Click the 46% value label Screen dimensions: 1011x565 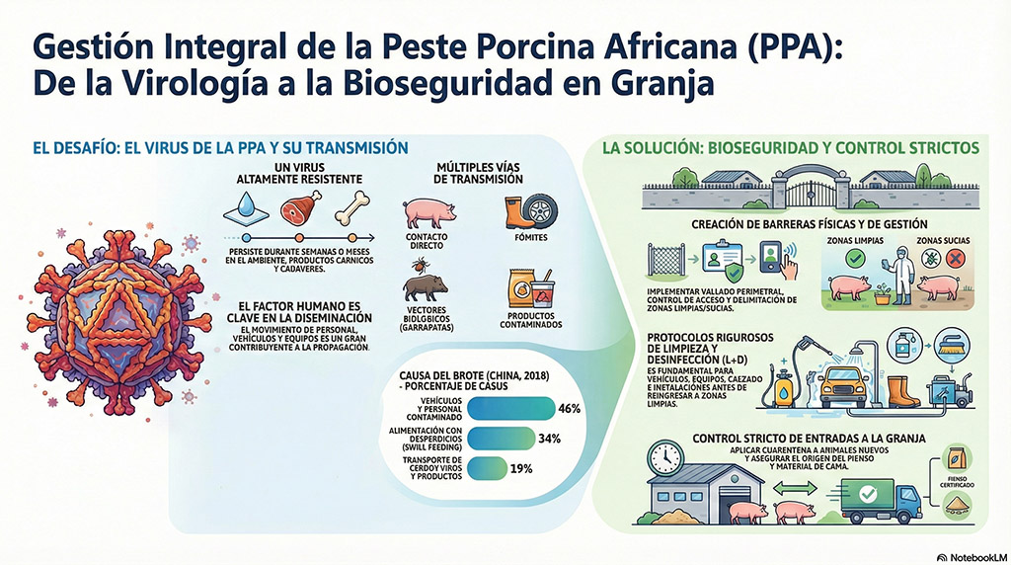(x=570, y=409)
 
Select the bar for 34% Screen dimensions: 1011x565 (x=501, y=439)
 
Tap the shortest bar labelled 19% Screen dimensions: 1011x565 (x=487, y=469)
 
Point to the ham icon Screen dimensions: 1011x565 (x=300, y=207)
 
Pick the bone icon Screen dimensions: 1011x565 (x=352, y=208)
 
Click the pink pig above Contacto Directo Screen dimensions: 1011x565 (x=429, y=212)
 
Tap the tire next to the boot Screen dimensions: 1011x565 (x=540, y=212)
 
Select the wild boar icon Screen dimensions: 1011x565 (x=425, y=287)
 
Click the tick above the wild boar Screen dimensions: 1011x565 (x=422, y=265)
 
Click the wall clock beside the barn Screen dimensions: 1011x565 (x=665, y=458)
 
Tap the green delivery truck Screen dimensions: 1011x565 (x=882, y=501)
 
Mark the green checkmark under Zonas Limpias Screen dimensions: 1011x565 (x=855, y=259)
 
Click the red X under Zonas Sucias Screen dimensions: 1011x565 (x=955, y=259)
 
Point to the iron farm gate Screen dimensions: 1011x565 (x=812, y=192)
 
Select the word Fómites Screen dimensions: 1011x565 (x=531, y=237)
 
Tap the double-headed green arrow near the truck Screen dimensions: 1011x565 (x=795, y=489)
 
